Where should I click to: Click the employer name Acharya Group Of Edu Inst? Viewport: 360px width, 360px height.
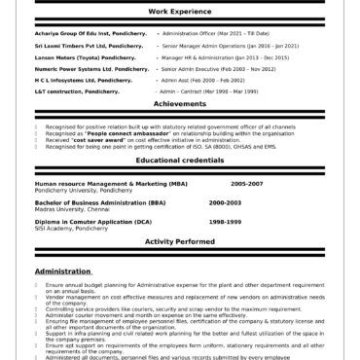(90, 31)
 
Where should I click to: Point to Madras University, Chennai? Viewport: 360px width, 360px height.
(73, 208)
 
